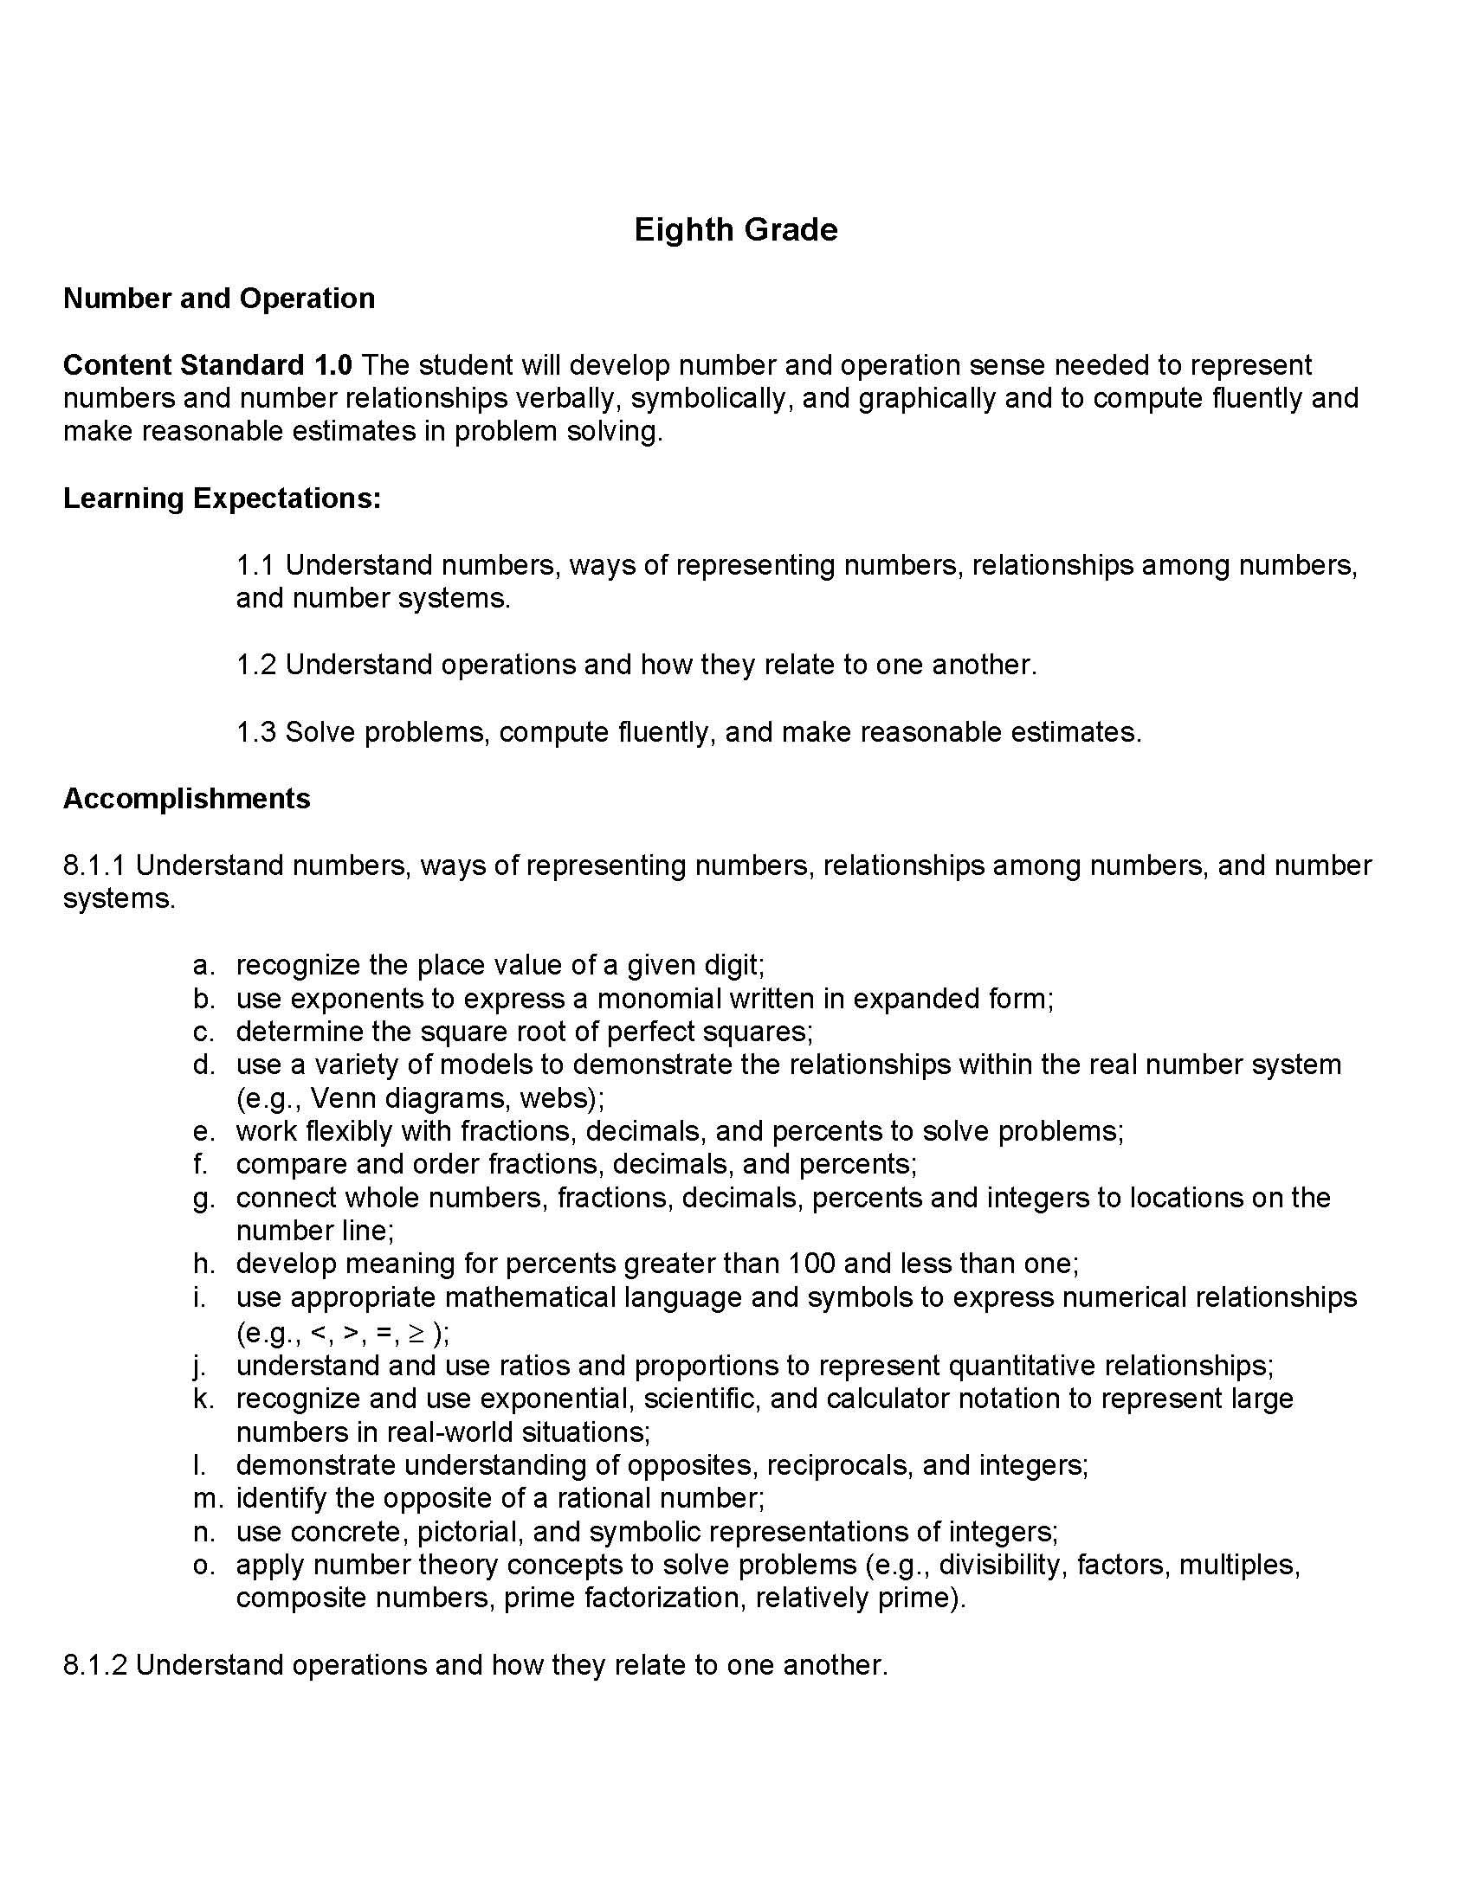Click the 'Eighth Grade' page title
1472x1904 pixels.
click(735, 230)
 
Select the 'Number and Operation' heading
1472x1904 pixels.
click(219, 299)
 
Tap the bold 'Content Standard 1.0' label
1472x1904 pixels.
click(208, 364)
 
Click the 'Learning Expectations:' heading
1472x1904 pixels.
click(222, 498)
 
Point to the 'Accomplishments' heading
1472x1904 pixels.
click(187, 798)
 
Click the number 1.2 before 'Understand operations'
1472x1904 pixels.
click(255, 665)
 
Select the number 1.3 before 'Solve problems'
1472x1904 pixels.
click(255, 731)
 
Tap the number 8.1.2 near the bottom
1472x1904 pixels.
click(95, 1664)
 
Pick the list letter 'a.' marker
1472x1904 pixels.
click(203, 965)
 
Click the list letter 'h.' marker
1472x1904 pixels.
click(203, 1264)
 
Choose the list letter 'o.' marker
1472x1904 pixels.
click(203, 1564)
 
